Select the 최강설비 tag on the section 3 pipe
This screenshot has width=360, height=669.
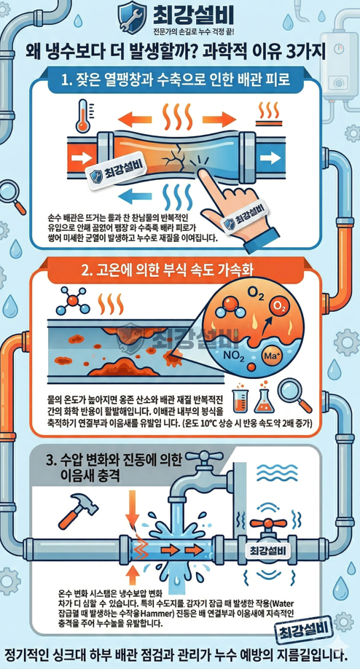click(269, 548)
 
